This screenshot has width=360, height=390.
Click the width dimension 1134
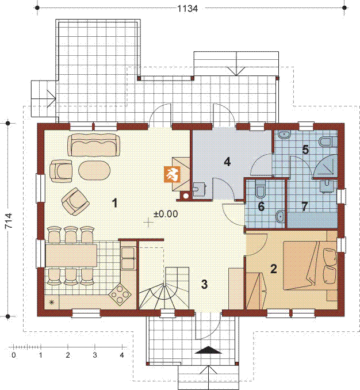coord(187,9)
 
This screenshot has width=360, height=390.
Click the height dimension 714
coord(9,220)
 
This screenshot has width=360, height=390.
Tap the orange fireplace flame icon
coord(172,174)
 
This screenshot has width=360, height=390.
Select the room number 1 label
coord(114,203)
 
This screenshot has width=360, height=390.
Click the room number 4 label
coord(227,162)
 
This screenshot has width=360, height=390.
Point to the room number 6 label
coord(261,207)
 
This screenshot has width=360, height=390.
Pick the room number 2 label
coord(274,269)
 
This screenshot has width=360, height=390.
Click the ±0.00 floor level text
coord(166,214)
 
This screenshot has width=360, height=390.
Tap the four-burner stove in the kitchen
coord(120,295)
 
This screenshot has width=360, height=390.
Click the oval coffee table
coord(94,170)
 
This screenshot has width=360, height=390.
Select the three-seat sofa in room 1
coord(94,145)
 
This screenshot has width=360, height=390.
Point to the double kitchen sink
coord(128,258)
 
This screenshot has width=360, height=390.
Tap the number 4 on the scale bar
coord(121,355)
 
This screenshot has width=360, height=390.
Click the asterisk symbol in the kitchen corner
coord(52,303)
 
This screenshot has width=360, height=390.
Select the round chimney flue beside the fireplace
coord(186,196)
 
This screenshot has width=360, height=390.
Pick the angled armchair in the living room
coord(75,201)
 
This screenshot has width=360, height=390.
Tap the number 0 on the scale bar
coord(14,355)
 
